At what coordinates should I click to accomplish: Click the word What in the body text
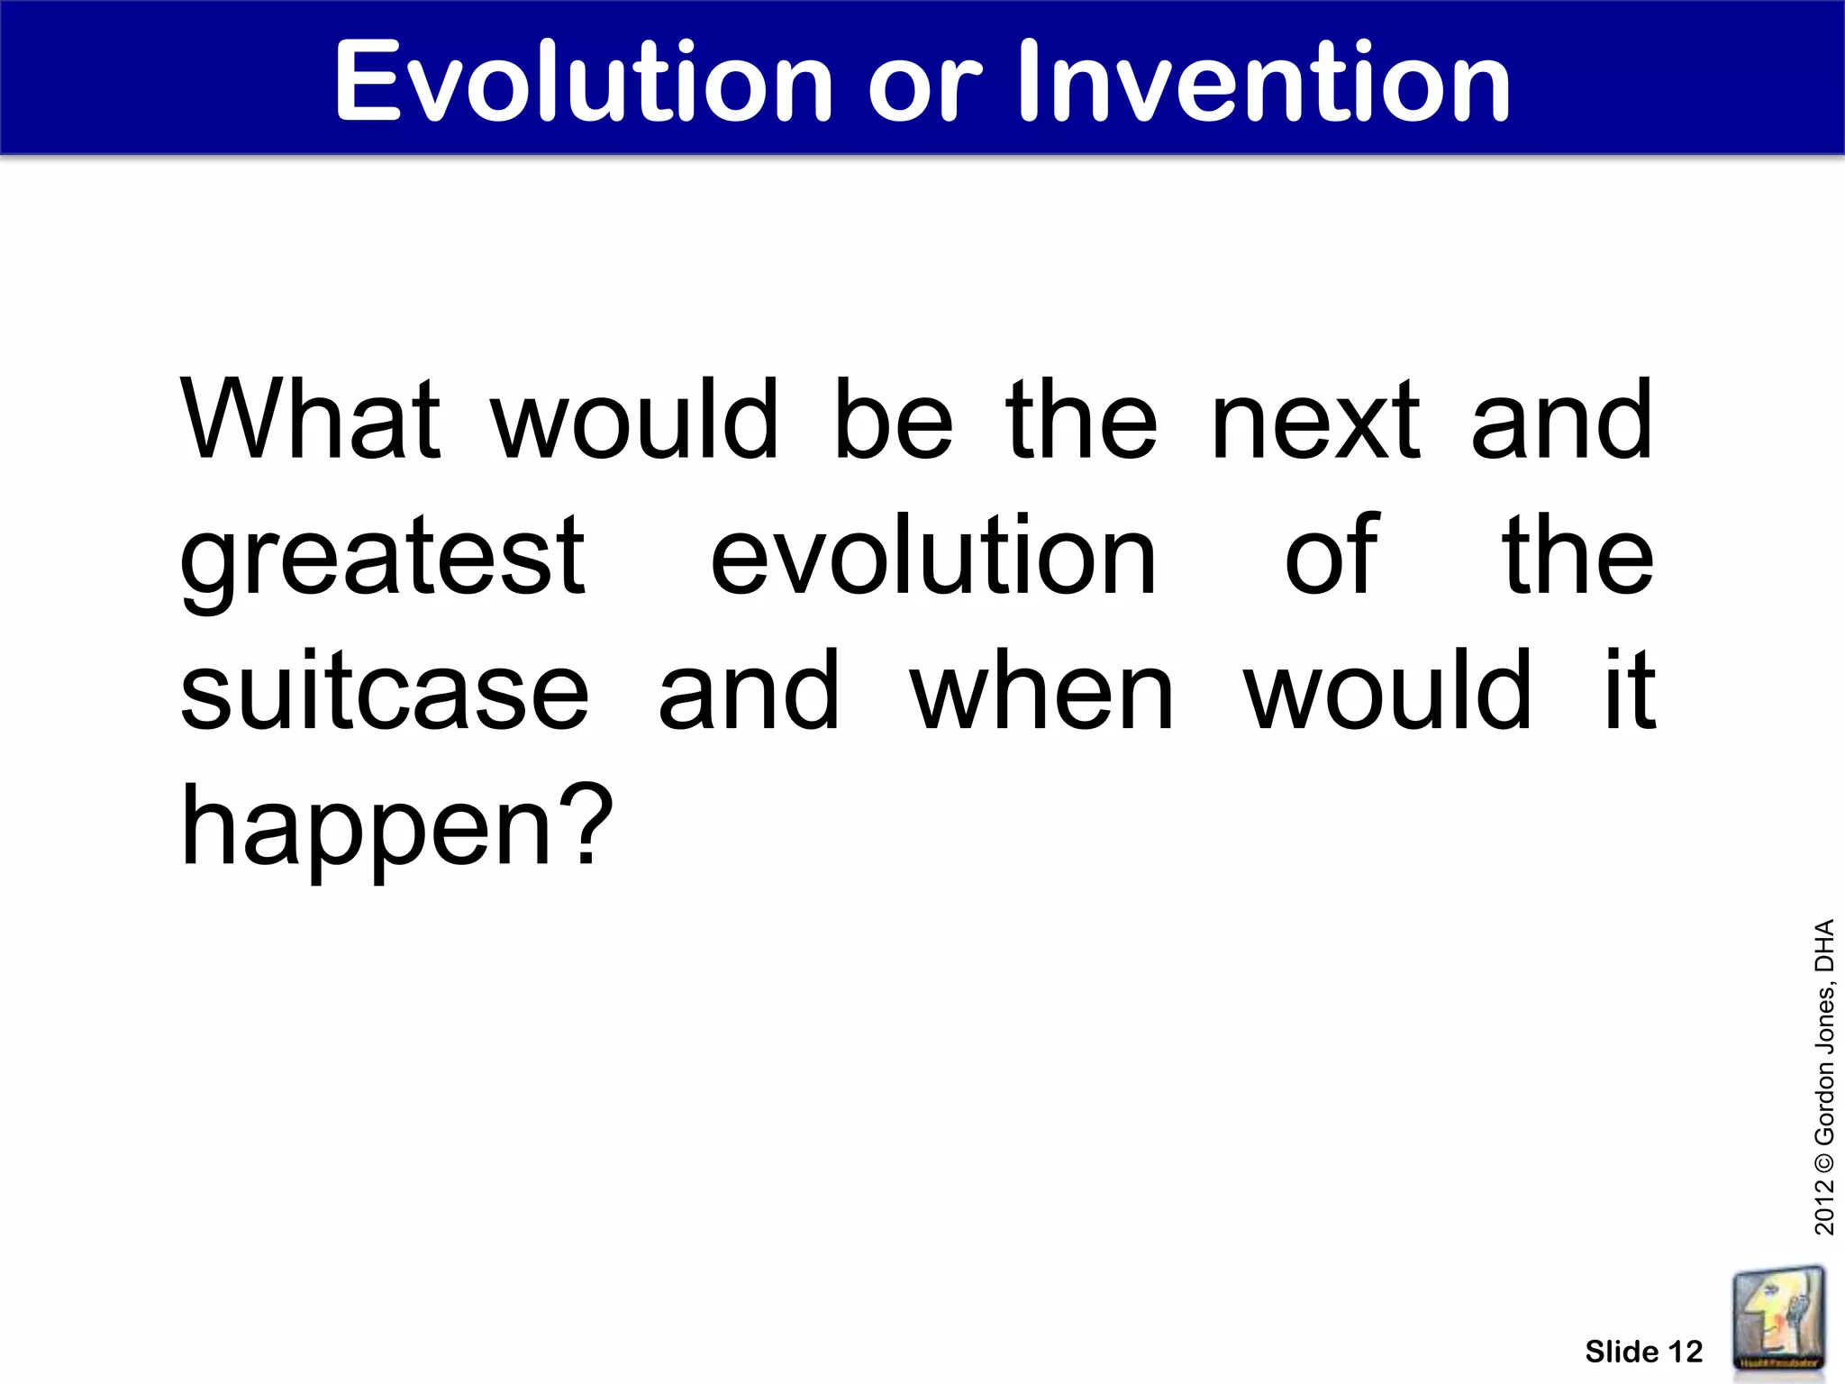click(310, 420)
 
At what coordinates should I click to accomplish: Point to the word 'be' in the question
click(893, 420)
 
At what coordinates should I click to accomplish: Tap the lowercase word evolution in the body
click(932, 557)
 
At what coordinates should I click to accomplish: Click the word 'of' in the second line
click(1331, 557)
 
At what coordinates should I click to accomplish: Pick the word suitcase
click(385, 692)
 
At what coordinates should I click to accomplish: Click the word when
click(1041, 692)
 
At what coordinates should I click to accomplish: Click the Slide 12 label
click(1643, 1352)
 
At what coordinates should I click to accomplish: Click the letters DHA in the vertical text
click(1824, 945)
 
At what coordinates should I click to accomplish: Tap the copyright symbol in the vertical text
click(1824, 1159)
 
